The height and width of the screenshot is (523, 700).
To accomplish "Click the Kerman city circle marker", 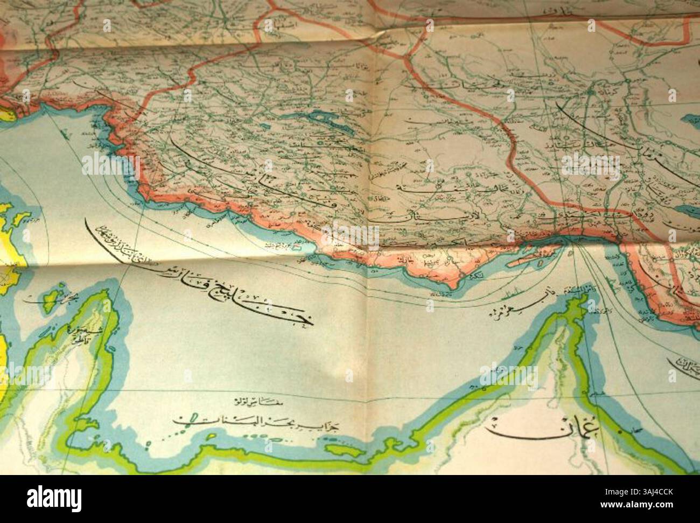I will pos(591,93).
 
